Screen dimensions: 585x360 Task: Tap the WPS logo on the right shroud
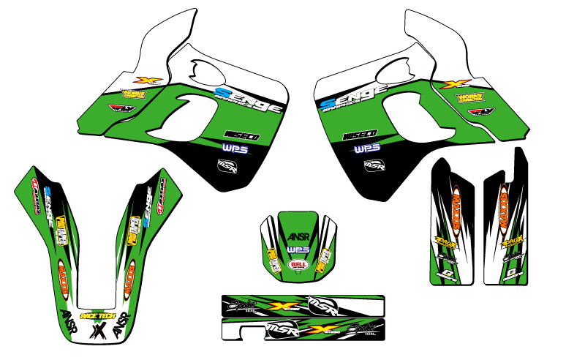[x=365, y=149]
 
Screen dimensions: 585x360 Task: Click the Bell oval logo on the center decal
[x=298, y=263]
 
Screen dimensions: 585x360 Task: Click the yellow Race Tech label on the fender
[x=97, y=316]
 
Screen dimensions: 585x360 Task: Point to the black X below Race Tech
[x=97, y=331]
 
